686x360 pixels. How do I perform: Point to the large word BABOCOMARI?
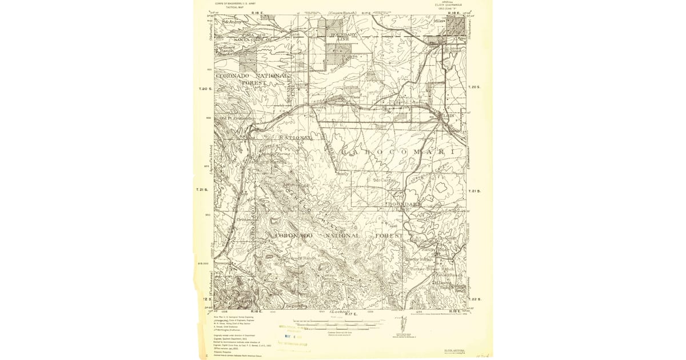pos(399,151)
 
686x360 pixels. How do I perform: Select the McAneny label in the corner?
pos(232,22)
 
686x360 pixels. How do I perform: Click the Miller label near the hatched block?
pos(439,21)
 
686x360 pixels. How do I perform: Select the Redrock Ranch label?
pos(300,258)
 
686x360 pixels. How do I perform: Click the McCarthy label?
pos(385,180)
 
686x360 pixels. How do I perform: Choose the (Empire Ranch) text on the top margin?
pos(342,13)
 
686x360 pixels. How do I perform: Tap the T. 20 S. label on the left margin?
pos(205,89)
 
